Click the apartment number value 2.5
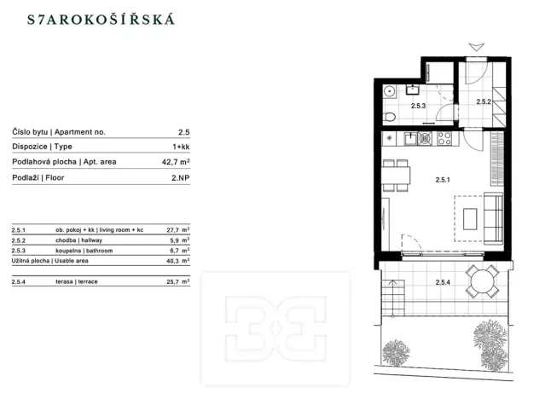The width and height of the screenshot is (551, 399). pyautogui.click(x=183, y=132)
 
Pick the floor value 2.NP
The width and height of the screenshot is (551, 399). pyautogui.click(x=178, y=177)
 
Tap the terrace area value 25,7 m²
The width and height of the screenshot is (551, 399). pyautogui.click(x=177, y=280)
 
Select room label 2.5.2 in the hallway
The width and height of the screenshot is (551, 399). pyautogui.click(x=484, y=102)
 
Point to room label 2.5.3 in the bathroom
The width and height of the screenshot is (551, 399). pyautogui.click(x=418, y=107)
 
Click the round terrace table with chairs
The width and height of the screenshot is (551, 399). pyautogui.click(x=484, y=280)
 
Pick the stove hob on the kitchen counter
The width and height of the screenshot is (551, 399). pyautogui.click(x=444, y=137)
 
